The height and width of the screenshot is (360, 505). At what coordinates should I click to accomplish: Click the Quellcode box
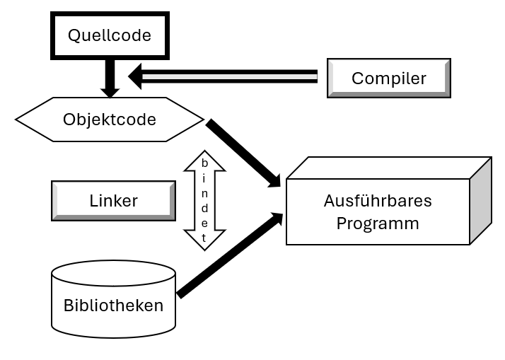[x=109, y=35]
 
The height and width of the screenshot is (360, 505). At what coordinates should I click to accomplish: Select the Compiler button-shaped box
[x=388, y=78]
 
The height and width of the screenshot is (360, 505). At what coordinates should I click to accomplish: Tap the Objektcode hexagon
[x=109, y=119]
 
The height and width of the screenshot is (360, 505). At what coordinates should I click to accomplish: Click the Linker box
[x=113, y=200]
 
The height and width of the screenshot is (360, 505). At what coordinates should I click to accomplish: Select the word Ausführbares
[x=378, y=201]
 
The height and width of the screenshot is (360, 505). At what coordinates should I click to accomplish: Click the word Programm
[x=378, y=223]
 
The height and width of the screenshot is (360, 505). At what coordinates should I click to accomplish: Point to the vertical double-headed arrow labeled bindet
[x=204, y=200]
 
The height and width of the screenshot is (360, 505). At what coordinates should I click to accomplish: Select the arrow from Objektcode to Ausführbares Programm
[x=244, y=153]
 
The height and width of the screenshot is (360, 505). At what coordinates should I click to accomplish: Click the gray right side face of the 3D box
[x=480, y=201]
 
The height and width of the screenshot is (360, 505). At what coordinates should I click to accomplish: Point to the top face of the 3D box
[x=389, y=168]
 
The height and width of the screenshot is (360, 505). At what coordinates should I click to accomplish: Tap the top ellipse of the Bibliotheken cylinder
[x=113, y=272]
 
